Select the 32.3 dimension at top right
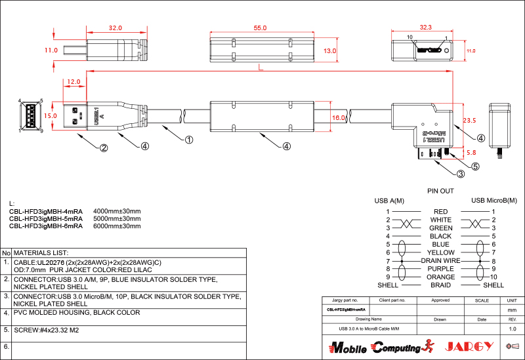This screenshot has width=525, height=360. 425,28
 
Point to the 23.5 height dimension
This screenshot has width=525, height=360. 469,121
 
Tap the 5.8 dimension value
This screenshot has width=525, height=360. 471,152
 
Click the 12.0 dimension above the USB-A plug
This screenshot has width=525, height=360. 73,82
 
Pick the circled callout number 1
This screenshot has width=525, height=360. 188,139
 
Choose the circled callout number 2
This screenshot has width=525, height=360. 103,148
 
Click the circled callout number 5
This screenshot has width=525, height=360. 475,166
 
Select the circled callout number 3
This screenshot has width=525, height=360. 461,174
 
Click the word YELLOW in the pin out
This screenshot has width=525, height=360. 440,252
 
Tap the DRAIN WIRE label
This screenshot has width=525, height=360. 440,260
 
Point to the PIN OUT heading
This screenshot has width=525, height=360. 440,191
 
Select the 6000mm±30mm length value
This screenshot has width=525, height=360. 117,226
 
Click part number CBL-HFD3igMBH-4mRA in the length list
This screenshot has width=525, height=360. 46,210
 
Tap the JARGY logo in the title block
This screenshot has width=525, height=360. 467,346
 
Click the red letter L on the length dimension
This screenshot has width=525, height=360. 261,68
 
